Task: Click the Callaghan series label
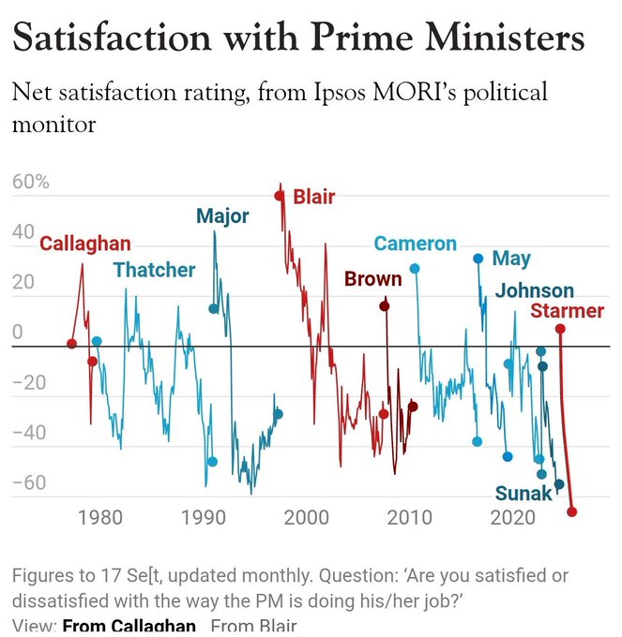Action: pos(84,244)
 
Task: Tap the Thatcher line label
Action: pos(154,271)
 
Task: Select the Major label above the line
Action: pos(222,216)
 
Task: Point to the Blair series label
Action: pos(313,197)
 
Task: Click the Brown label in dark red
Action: pos(372,279)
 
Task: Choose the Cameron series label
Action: pos(415,244)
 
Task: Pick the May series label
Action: pos(511,259)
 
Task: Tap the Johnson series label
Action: pos(534,290)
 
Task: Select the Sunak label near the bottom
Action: pos(523,494)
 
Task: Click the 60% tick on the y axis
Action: pos(30,182)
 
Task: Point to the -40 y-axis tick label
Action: pos(29,433)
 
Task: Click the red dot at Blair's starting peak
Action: pos(279,196)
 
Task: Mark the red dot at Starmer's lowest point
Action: pos(572,511)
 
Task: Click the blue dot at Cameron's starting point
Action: pos(414,269)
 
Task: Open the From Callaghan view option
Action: pos(129,626)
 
